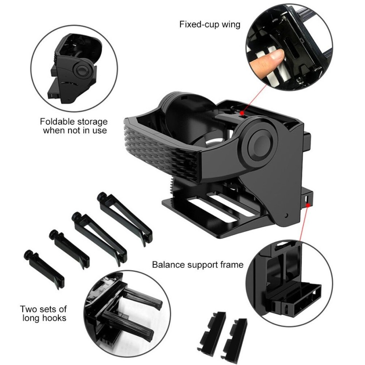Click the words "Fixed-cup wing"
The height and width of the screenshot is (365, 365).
(210, 24)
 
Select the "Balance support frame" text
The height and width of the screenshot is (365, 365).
(198, 265)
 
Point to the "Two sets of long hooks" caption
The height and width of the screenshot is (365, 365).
(43, 313)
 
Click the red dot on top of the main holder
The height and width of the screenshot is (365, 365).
(242, 115)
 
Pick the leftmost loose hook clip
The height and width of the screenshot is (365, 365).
(45, 268)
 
